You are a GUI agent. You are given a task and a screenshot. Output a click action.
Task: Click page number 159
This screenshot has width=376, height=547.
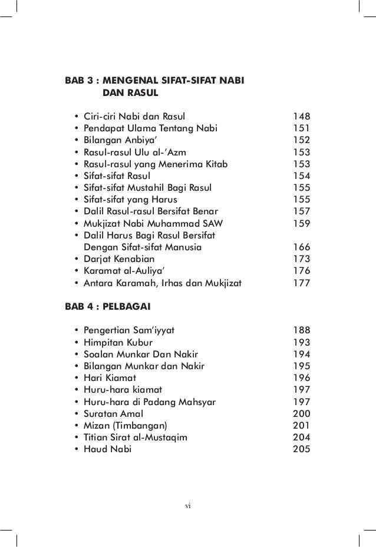click(302, 223)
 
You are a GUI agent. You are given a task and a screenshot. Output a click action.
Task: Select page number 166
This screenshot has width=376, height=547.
click(302, 248)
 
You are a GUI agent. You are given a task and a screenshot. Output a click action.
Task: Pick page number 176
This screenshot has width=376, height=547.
click(302, 271)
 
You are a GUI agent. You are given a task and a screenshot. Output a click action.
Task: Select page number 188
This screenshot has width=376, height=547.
click(302, 330)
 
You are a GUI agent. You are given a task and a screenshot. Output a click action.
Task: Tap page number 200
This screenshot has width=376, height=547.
click(302, 413)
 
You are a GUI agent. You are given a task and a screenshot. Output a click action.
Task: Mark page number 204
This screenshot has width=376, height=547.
click(302, 437)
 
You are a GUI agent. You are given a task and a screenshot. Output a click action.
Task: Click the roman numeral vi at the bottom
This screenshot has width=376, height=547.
click(187, 505)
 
